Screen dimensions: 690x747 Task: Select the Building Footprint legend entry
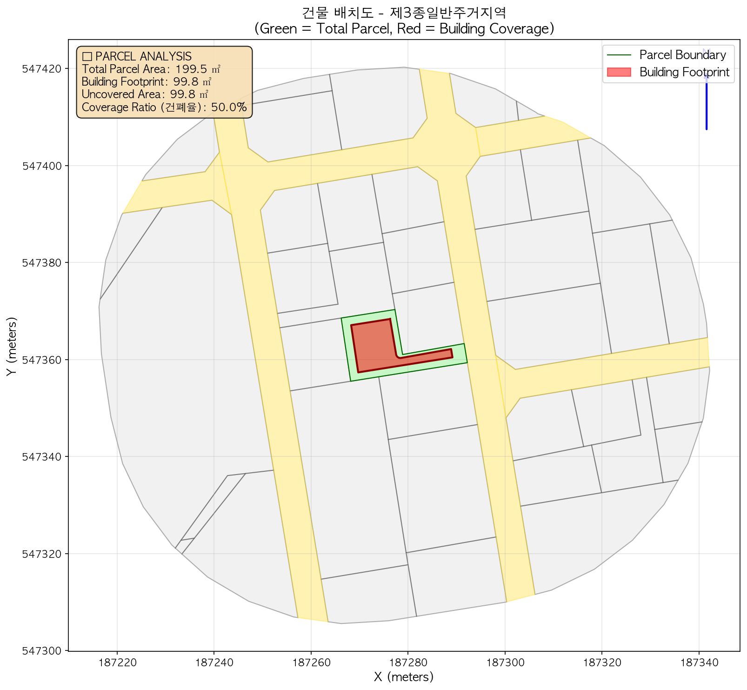(x=684, y=72)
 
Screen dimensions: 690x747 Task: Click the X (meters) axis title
(x=404, y=677)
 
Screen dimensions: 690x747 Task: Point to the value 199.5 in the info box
(x=191, y=69)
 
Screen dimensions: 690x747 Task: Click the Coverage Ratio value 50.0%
(x=228, y=107)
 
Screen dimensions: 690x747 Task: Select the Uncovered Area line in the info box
(x=145, y=94)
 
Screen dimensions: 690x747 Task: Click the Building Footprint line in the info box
(x=147, y=82)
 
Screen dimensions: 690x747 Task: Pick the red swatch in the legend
(x=618, y=72)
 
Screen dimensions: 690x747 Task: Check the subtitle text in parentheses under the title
(x=404, y=29)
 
